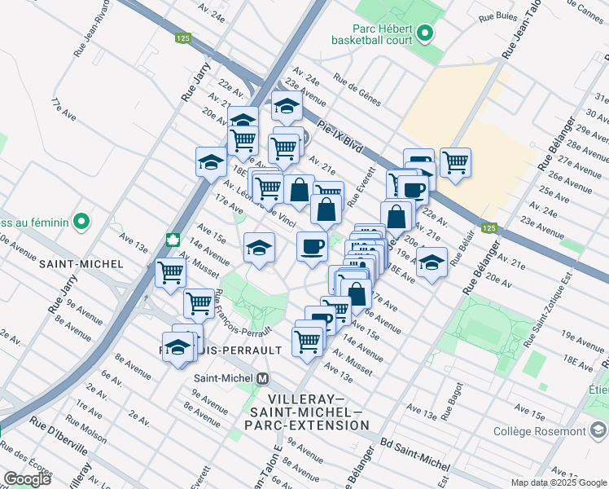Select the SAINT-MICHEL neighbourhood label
point(81,264)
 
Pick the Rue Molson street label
point(86,430)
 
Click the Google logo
point(27,479)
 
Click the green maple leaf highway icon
point(173,240)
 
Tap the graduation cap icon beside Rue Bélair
point(432,262)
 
